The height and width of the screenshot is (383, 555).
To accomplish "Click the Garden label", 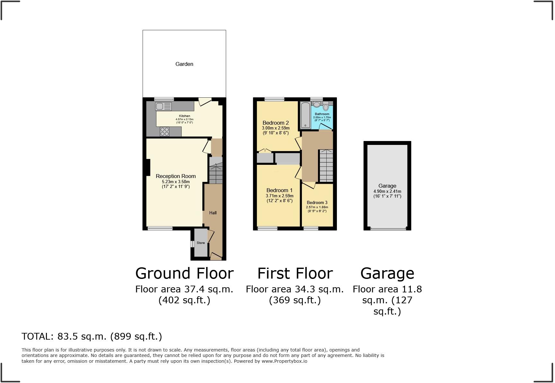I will [x=184, y=64].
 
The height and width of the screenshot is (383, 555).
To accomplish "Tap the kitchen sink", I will [x=163, y=106].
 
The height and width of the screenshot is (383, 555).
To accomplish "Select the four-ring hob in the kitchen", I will [x=164, y=132].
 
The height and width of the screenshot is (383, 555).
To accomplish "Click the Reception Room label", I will [x=176, y=176].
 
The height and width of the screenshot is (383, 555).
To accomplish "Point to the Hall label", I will [x=213, y=213].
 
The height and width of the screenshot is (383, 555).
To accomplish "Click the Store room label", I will [x=201, y=243].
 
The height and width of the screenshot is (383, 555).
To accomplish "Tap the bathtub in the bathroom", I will [x=305, y=115].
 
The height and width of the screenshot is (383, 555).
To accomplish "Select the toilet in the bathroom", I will [x=326, y=106].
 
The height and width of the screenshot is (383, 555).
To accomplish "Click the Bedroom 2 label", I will [x=276, y=123].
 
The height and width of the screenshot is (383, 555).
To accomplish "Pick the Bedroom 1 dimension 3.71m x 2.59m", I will [x=279, y=196].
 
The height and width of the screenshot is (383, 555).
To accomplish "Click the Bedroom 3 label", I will [x=317, y=202].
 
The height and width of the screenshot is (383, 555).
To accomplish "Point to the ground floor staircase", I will [x=216, y=174].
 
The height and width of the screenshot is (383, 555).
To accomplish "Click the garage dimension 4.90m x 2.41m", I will [x=387, y=191].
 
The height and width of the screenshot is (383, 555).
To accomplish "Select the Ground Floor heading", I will [x=184, y=273].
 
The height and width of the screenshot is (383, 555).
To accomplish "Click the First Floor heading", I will [x=295, y=273].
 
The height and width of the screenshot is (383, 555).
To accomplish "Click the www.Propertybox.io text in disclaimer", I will [x=284, y=361].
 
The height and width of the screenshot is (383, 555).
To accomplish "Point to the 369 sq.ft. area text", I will [x=295, y=300].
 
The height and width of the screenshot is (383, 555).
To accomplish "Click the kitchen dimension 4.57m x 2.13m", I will [x=184, y=119].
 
